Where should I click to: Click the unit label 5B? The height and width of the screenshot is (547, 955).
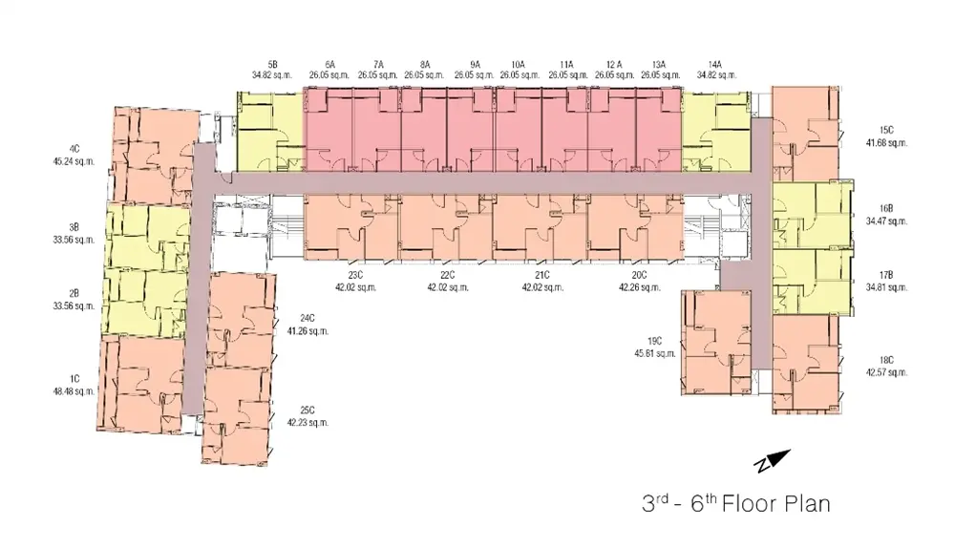pyautogui.click(x=272, y=64)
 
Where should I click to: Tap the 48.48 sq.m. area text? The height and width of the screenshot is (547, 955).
pyautogui.click(x=74, y=391)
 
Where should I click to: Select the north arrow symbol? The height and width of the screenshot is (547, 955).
pyautogui.click(x=772, y=460)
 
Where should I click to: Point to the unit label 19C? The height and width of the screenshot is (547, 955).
pyautogui.click(x=655, y=342)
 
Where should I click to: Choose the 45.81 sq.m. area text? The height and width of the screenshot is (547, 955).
pyautogui.click(x=655, y=353)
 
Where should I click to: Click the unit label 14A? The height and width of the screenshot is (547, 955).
pyautogui.click(x=715, y=64)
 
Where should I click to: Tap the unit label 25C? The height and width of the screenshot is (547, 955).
pyautogui.click(x=308, y=410)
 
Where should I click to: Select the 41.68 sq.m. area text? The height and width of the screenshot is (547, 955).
pyautogui.click(x=886, y=143)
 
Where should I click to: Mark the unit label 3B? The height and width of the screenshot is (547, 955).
pyautogui.click(x=74, y=228)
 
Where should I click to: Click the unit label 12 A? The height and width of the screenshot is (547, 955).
pyautogui.click(x=614, y=64)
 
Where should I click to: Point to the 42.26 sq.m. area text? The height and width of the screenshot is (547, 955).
pyautogui.click(x=640, y=287)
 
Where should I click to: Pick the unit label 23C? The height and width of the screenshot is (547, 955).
pyautogui.click(x=355, y=275)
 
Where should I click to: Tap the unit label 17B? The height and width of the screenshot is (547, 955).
pyautogui.click(x=886, y=275)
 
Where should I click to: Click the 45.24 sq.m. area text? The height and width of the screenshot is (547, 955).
pyautogui.click(x=74, y=161)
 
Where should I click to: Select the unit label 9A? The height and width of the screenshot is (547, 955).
pyautogui.click(x=475, y=64)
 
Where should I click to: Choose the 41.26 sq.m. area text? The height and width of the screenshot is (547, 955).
pyautogui.click(x=308, y=331)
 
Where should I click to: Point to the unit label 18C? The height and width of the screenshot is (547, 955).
pyautogui.click(x=886, y=360)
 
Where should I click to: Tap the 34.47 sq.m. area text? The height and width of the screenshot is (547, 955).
pyautogui.click(x=886, y=221)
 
